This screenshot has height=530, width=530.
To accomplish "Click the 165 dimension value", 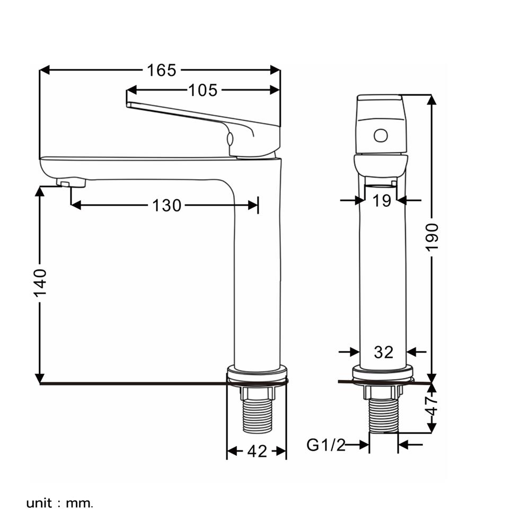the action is point(162,70).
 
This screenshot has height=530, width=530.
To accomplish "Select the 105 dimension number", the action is point(203,90).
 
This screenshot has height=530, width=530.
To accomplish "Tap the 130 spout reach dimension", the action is point(166,205).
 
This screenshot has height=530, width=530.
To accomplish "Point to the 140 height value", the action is point(40,283).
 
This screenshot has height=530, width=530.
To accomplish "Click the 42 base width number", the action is point(257,451).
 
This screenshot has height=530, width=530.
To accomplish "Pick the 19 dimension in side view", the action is point(382,201).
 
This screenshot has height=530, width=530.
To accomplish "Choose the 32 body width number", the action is point(384,352).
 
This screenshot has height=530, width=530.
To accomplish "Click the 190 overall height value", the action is point(431,237).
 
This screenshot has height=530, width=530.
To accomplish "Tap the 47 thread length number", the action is point(431,406).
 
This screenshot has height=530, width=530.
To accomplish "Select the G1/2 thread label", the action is point(326,445).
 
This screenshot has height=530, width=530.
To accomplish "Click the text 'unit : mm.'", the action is point(59,503).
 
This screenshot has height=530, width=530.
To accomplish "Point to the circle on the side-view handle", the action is point(381,136).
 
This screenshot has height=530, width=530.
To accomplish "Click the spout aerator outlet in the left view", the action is point(72,183).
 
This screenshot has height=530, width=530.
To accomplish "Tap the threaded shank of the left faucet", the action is point(258,416).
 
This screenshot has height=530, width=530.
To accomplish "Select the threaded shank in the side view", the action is point(383,415).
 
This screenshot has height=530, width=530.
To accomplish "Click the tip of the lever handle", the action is point(128,104).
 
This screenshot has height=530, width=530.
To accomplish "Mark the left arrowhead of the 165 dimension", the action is point(45,70).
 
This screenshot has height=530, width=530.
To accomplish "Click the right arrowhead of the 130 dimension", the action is point(253,205).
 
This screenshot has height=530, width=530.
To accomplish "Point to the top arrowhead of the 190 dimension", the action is point(431,100).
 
